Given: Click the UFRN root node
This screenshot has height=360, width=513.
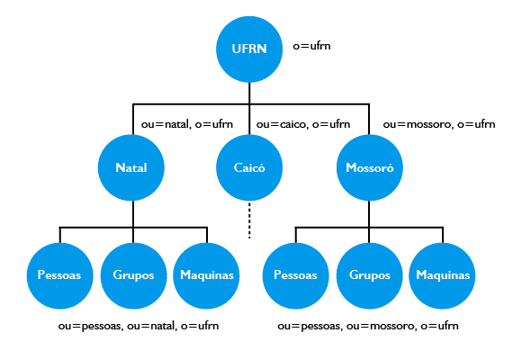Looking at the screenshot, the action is pos(249,49).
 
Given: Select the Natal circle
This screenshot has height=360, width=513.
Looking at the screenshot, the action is pos(131,167).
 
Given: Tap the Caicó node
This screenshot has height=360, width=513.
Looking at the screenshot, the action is pos(249,167).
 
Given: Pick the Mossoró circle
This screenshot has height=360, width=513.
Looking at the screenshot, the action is pos(370,167).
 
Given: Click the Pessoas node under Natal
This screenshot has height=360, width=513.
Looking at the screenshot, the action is pos(60,275).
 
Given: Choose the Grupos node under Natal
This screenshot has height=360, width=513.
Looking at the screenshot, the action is pos(133,275).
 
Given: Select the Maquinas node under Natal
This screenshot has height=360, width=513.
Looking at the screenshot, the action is pos(206,275).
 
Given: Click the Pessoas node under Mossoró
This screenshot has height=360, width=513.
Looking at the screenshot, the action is pos(296,275).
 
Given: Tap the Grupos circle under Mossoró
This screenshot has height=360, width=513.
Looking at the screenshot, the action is pos(370,275).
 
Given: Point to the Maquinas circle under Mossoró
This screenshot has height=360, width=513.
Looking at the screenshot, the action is pos(442,275).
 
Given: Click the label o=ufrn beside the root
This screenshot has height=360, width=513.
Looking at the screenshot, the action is pos(311,46).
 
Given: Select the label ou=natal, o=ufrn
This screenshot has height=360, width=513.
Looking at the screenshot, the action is pos(187,124).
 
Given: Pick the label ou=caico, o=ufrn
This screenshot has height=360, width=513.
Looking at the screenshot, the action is pos(303,124).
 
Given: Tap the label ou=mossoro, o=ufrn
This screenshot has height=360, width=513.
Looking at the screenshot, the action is pos(439,124).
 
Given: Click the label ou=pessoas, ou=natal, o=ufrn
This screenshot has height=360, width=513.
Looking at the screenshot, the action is pos(139,326).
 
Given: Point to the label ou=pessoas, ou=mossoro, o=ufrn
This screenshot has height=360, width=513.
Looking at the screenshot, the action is pos(368,326).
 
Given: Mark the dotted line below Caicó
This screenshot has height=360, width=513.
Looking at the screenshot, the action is pos(249,220).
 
